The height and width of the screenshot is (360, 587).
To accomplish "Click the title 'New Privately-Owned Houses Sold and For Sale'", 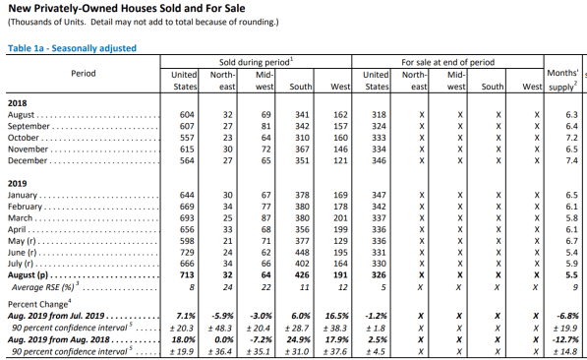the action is point(127,8).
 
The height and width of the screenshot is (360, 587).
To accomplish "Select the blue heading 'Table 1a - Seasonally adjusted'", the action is point(72,48).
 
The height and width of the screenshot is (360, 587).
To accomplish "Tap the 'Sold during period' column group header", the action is point(256,62).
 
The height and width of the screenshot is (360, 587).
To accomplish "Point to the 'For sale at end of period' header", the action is point(448,62).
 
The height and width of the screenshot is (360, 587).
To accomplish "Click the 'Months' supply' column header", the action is point(562,80).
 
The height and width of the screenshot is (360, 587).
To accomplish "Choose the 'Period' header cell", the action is point(84,74).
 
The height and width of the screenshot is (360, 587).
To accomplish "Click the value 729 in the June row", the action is point(187,253).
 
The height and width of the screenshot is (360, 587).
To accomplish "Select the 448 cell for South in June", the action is point(302,253).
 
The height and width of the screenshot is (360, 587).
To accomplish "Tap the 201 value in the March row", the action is point(340,218).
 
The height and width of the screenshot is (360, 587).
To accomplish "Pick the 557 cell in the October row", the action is point(187,138).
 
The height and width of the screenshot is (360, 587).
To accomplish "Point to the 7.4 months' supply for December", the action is point(571,160).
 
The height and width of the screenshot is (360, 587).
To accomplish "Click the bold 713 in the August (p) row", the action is point(187,275).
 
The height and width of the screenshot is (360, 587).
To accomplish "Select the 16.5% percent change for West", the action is point(337,316).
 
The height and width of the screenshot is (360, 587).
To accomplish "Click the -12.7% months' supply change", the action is point(567,339).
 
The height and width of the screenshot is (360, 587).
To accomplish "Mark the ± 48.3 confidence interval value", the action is point(220,329).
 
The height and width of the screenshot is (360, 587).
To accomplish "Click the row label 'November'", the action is point(29,150).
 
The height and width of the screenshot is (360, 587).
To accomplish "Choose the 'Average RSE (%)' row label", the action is point(43,287).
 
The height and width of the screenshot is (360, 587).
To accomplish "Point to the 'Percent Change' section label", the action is point(37,304).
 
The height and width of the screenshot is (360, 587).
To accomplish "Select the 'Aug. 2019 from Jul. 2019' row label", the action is point(56,316).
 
